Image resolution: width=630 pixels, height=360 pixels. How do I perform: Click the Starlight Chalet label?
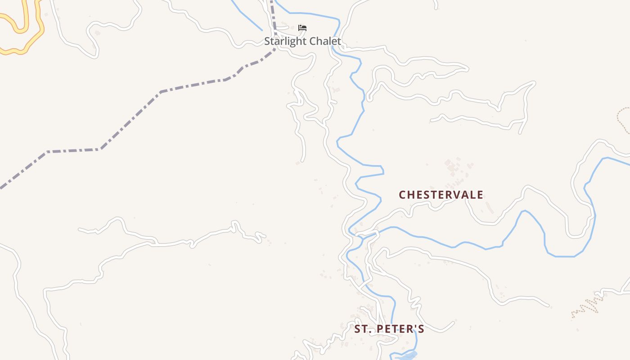pos(302,41)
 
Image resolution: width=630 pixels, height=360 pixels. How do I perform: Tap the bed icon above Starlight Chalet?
pos(302,28)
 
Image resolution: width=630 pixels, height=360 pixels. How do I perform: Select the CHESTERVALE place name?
pos(441,195)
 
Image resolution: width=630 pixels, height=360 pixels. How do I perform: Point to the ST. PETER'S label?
pos(389,329)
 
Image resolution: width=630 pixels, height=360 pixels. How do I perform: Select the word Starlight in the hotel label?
pos(283,41)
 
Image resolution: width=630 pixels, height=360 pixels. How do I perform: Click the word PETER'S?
pos(400,329)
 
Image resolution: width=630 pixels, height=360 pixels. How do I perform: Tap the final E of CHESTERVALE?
pos(480,195)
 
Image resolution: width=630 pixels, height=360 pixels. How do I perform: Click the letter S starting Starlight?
pos(267,41)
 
